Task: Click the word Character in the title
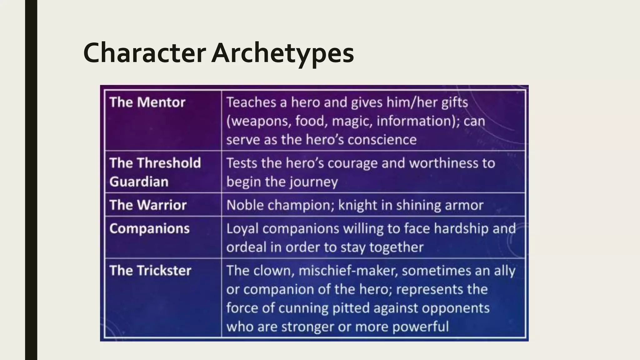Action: click(144, 53)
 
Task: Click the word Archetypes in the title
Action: click(282, 53)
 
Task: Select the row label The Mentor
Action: click(147, 102)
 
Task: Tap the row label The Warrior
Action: click(148, 205)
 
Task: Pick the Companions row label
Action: click(149, 229)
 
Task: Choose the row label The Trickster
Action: click(150, 271)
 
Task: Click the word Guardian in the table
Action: click(139, 182)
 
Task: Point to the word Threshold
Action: click(169, 163)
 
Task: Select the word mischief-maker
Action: click(348, 271)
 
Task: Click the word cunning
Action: click(303, 308)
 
